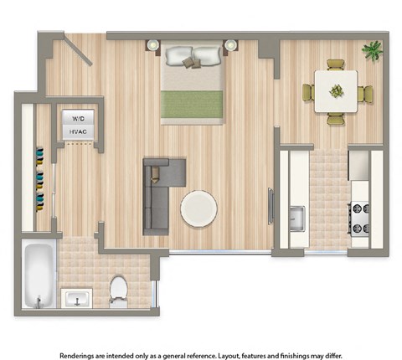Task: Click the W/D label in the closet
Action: point(77,118)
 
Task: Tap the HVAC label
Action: point(77,132)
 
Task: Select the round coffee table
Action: point(198,208)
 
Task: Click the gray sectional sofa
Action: point(160,193)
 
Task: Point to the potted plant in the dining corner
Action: point(372,51)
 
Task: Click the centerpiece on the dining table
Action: point(336,90)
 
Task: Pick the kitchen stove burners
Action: point(360,218)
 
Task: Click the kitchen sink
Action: point(296,219)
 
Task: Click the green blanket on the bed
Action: point(193,104)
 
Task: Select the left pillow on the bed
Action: point(179,57)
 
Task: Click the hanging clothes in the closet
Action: point(38,177)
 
